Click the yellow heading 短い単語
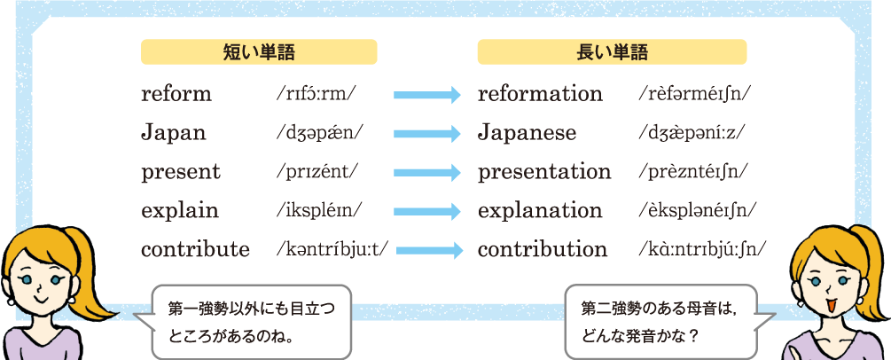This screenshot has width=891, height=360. (x=259, y=51)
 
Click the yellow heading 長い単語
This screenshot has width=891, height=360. (x=612, y=51)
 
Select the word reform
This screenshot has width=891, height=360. (x=176, y=94)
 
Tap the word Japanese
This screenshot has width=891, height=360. (x=527, y=132)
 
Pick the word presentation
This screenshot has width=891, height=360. (x=544, y=172)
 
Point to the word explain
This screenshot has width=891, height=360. (x=180, y=211)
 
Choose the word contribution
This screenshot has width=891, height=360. (x=543, y=249)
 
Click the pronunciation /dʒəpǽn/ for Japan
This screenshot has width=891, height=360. (x=319, y=133)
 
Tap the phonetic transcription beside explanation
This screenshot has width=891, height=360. (x=697, y=211)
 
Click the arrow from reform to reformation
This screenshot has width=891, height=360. (x=426, y=95)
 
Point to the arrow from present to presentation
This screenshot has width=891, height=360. (x=426, y=173)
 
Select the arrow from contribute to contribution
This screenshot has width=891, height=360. (x=429, y=250)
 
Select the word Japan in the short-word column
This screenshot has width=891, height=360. (x=173, y=132)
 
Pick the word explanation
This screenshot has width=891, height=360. (x=540, y=211)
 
